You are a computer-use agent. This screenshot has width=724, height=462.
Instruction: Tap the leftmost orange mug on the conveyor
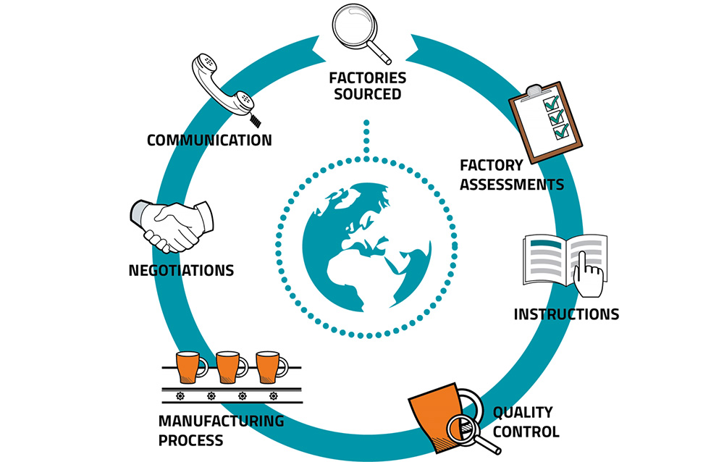click(188, 367)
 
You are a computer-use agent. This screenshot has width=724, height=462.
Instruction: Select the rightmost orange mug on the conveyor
click(268, 367)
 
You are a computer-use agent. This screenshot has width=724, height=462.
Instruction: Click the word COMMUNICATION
click(209, 140)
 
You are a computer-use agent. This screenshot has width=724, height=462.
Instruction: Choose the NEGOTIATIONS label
click(181, 271)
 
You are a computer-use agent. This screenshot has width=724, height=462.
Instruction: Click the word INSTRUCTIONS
click(566, 314)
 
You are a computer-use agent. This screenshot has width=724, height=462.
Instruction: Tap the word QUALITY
click(523, 413)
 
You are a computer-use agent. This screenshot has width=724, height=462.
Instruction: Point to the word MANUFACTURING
click(221, 421)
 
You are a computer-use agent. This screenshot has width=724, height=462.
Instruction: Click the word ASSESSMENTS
click(511, 184)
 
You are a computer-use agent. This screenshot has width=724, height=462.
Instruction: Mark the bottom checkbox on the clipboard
click(562, 132)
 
